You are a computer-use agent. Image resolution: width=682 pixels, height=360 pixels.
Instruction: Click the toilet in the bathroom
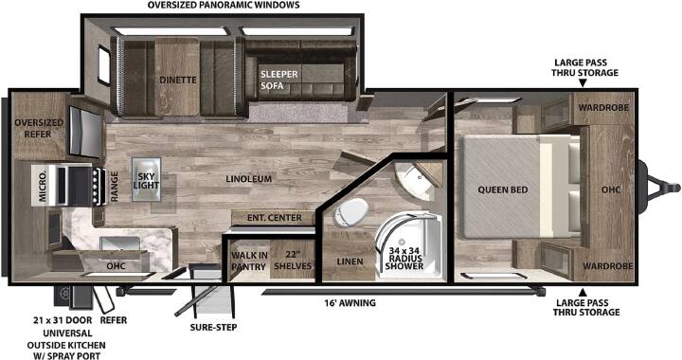(350, 212)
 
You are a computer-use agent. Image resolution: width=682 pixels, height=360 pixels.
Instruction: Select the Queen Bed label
(503, 189)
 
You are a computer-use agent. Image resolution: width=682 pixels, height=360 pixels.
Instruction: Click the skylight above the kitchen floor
(147, 180)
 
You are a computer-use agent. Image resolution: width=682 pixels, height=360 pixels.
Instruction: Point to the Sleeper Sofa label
(278, 80)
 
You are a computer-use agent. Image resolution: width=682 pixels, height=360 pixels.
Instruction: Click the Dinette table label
(178, 80)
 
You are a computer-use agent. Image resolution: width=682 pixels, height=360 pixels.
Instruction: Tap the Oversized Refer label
(39, 128)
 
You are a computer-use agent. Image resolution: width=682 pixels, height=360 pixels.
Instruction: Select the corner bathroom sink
(416, 179)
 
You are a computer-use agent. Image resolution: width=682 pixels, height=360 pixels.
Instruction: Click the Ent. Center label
(275, 217)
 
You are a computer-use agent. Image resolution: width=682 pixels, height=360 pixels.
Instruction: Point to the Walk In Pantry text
(249, 261)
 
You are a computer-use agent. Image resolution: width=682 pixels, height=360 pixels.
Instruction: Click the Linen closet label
(350, 261)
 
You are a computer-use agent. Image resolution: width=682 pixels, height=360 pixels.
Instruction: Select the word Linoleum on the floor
(249, 179)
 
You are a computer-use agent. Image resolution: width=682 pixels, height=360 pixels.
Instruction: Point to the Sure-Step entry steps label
(213, 327)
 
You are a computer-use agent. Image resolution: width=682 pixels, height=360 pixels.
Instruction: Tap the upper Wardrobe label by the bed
(603, 107)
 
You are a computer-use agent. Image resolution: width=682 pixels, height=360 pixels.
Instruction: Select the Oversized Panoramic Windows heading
(224, 6)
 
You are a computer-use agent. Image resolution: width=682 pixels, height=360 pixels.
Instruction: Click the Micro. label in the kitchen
(43, 186)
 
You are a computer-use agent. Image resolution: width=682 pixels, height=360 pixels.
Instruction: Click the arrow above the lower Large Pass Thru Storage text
(582, 292)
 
